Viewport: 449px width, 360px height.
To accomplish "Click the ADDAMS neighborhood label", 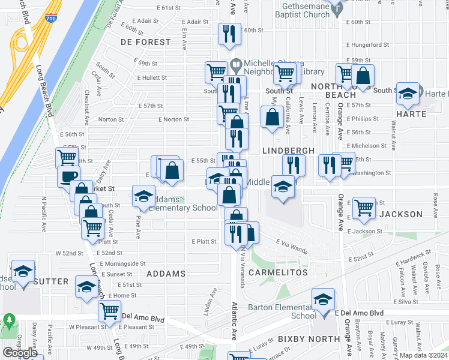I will pos(166,274).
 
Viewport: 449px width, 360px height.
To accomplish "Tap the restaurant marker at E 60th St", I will pos(229,35).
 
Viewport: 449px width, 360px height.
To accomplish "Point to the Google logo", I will pos(20,353).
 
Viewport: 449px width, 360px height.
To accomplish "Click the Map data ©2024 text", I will pos(423,355).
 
